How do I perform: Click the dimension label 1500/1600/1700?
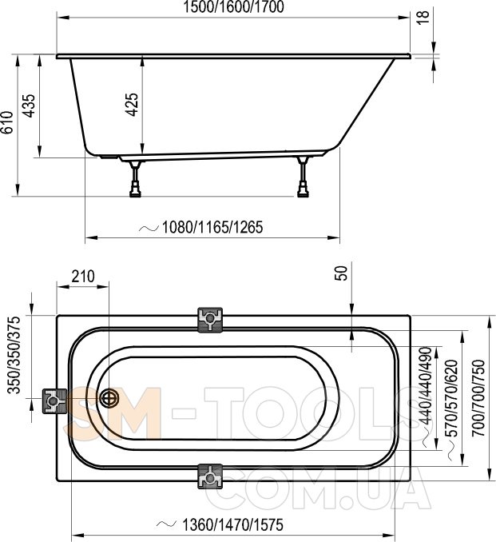(233, 7)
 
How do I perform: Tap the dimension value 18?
(423, 16)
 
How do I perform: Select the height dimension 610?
(7, 122)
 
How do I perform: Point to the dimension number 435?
(29, 106)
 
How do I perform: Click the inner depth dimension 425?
(132, 105)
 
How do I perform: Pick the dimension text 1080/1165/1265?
(212, 227)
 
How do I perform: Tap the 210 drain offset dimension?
(83, 276)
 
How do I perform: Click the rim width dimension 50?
(340, 273)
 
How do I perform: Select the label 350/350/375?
(14, 355)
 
